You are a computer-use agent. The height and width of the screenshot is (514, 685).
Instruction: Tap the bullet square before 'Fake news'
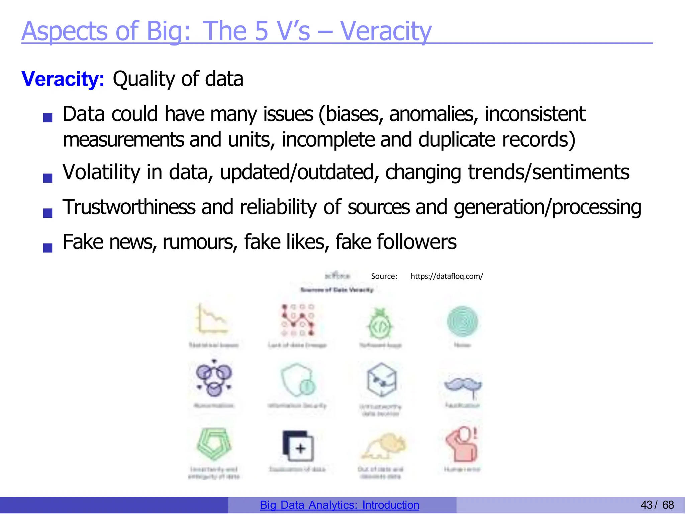click(x=48, y=248)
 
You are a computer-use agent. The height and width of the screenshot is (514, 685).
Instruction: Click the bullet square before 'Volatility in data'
click(x=48, y=178)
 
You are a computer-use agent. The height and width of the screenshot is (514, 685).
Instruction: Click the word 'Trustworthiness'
click(x=129, y=207)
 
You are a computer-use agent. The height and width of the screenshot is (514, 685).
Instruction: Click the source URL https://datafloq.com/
click(x=447, y=276)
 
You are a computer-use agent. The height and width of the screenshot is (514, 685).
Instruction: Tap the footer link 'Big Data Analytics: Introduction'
click(x=339, y=505)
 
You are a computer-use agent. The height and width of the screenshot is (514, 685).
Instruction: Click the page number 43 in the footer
click(x=647, y=505)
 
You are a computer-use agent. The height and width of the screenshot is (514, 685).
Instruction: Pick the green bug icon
click(x=380, y=324)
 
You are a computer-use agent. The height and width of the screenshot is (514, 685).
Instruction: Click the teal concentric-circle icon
click(x=463, y=321)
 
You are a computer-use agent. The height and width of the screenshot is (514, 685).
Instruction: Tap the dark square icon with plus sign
click(x=298, y=446)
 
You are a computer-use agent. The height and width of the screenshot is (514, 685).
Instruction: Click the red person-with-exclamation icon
click(x=462, y=444)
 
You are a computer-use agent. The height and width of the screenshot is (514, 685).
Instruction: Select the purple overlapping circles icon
click(x=214, y=378)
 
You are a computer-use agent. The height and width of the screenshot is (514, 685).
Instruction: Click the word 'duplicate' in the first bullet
click(x=457, y=139)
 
